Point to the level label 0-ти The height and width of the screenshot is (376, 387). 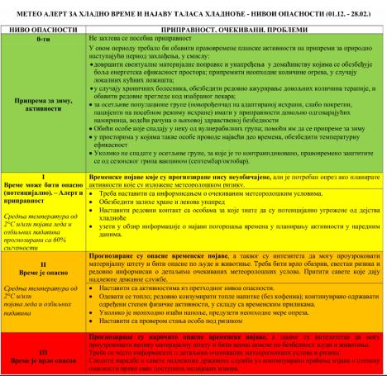[x=42, y=39]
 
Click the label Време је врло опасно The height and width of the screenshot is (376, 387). [x=42, y=361]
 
